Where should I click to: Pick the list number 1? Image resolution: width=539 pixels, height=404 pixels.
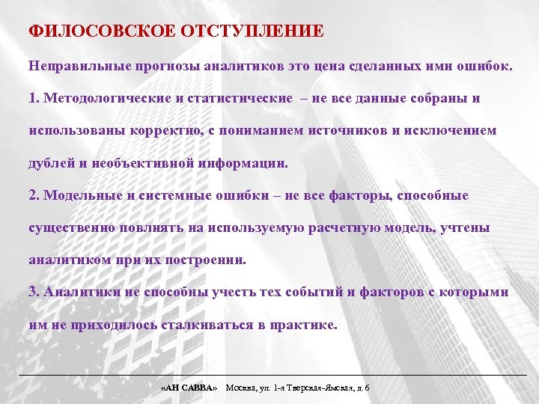33,99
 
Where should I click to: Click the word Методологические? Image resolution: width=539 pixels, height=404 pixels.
101,99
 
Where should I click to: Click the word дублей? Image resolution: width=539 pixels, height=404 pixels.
47,163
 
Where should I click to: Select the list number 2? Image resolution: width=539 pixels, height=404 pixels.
33,196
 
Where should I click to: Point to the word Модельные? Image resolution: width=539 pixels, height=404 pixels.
77,196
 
